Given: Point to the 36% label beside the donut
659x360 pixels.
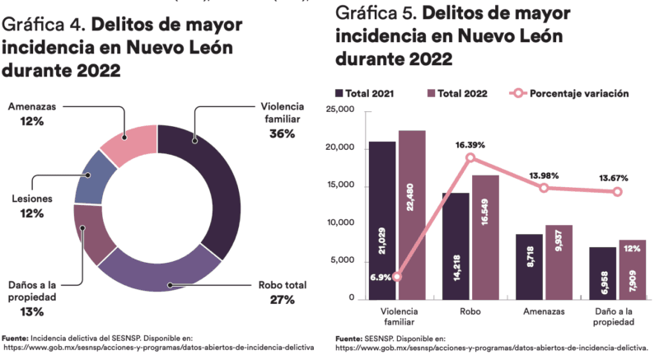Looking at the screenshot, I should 282,133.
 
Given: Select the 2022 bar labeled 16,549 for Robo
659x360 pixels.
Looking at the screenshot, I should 485,236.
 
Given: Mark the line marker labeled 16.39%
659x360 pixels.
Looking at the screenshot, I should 470,157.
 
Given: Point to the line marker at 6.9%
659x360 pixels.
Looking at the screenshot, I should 397,277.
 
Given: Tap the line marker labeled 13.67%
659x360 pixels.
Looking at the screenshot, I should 617,192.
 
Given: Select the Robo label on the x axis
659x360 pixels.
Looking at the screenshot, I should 470,312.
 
